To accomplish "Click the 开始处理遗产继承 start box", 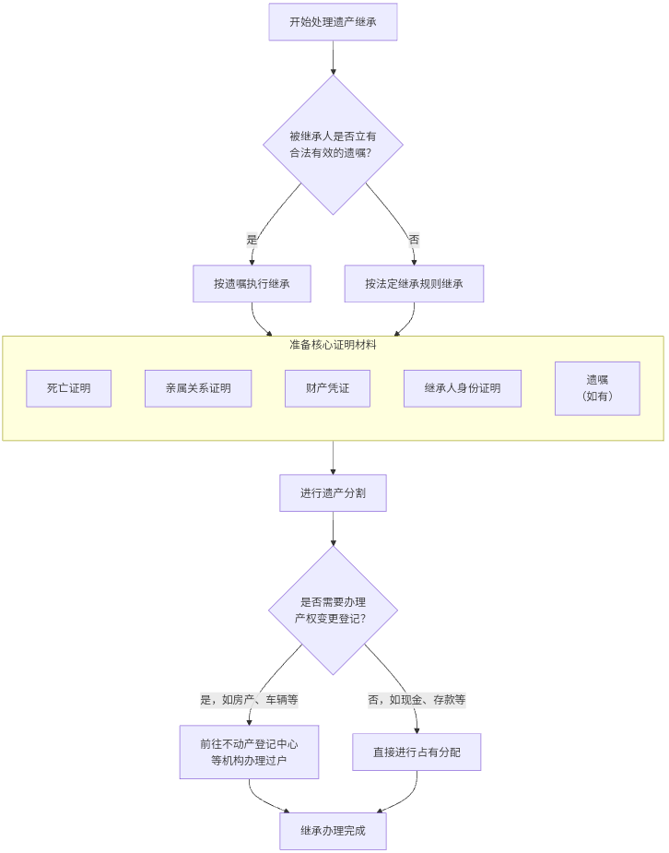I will coord(333,22).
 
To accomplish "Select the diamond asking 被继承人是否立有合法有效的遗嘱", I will coord(333,145).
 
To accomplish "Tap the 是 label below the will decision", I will coord(252,240).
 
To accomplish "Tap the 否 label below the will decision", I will coord(414,240).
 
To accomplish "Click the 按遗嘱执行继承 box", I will coord(252,284).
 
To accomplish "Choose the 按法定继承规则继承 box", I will coord(414,284).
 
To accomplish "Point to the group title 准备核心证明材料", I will coord(333,345).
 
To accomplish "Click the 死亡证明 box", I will coord(69,388).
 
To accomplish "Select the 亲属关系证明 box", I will coord(198,388).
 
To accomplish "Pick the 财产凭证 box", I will coord(328,388).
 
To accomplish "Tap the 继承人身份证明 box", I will coord(463,388).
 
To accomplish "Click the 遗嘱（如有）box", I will coord(597,388).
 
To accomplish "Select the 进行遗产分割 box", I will coord(333,493).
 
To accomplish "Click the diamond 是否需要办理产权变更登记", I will coord(333,610).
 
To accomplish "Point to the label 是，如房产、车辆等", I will coord(249,700).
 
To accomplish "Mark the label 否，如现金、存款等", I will coord(417,700).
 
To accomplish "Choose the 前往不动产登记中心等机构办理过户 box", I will coord(249,752).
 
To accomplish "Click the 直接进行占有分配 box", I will coord(417,752).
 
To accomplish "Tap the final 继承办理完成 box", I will coord(333,831).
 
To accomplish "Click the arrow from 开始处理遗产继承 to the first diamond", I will coord(333,57).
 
